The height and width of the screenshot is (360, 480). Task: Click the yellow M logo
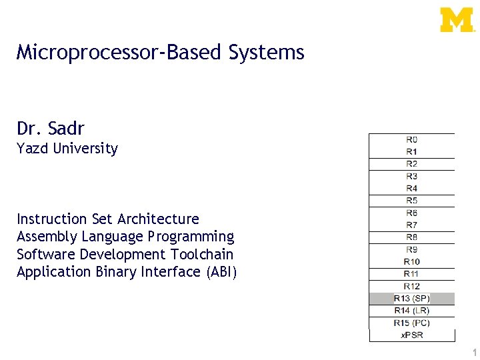click(x=457, y=20)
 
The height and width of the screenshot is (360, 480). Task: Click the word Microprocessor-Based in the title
click(x=120, y=52)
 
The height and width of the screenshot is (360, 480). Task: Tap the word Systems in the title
click(x=266, y=52)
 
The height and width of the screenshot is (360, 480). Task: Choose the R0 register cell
click(x=412, y=140)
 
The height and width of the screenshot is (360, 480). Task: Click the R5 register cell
click(x=412, y=201)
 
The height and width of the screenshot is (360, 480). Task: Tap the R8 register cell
click(x=412, y=237)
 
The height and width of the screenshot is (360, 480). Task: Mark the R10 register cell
click(x=412, y=261)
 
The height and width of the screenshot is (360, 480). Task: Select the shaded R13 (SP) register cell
click(x=412, y=298)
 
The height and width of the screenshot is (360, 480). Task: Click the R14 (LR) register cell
click(x=412, y=311)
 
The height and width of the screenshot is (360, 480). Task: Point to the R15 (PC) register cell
click(x=412, y=323)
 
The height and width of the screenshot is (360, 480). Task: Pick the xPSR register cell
click(x=412, y=335)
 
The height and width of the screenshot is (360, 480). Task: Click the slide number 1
click(x=474, y=352)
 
